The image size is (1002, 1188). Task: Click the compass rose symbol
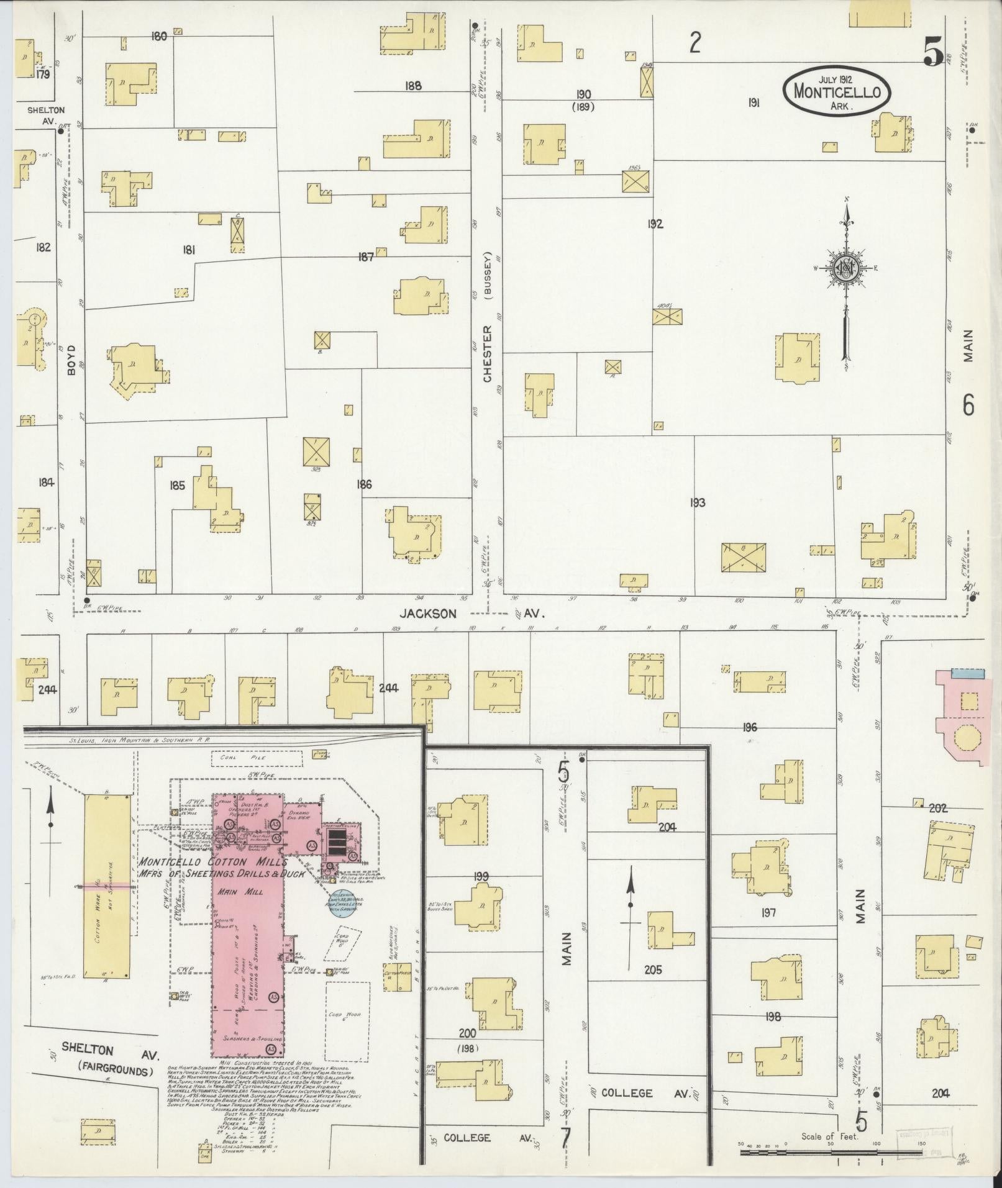[x=845, y=268]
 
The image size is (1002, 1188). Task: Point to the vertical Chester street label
[x=488, y=353]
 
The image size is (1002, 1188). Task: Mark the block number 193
[x=698, y=502]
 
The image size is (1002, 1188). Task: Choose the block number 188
[x=412, y=86]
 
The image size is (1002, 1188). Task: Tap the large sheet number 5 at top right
[x=933, y=51]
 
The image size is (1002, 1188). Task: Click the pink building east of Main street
[x=962, y=717]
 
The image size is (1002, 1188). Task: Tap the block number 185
[x=178, y=486]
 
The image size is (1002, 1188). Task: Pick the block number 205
[x=653, y=969]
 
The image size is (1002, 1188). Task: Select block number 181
[x=189, y=250]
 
